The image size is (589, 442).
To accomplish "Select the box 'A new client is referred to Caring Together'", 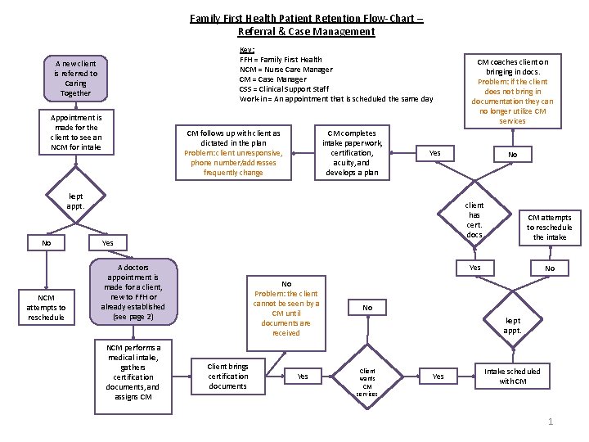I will click(75, 79).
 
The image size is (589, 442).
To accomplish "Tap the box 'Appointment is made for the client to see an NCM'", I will click(75, 132).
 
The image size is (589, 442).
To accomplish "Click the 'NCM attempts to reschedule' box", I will click(46, 307).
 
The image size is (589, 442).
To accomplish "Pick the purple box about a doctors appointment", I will click(133, 291).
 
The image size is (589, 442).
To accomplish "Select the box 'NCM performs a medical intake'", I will click(133, 372).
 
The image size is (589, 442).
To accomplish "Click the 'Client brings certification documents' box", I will click(227, 376).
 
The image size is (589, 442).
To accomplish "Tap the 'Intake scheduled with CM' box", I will click(512, 377).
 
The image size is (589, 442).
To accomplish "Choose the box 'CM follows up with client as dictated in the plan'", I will click(233, 152).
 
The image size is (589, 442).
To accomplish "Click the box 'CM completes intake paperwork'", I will click(352, 152).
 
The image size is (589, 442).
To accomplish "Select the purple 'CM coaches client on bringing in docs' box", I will click(513, 91).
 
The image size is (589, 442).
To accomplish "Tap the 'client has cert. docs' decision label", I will click(474, 220).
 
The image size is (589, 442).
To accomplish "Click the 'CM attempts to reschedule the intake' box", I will click(549, 228).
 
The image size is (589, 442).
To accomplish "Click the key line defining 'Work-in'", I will click(335, 99).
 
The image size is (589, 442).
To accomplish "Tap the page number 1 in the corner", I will click(551, 422).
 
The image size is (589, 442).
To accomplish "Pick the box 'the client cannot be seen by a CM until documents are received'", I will click(286, 308).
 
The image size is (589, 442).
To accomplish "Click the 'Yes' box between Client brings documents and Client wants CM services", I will click(303, 376).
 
